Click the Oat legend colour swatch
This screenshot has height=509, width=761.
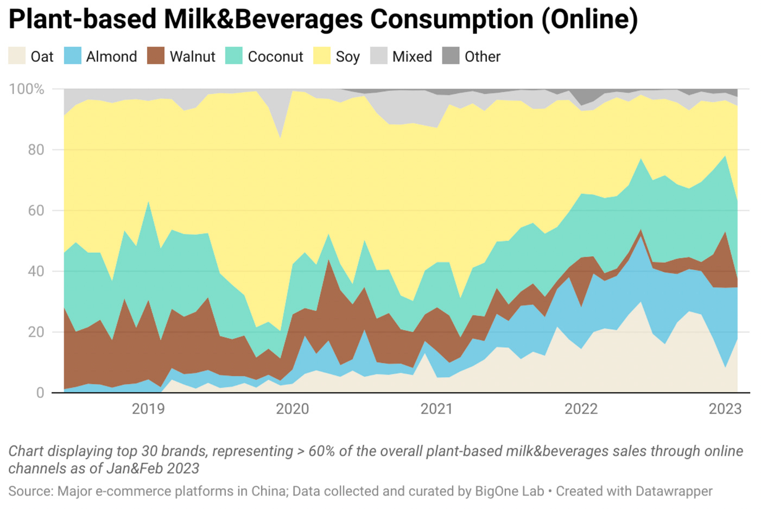[17, 56]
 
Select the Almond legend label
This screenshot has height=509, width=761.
[111, 56]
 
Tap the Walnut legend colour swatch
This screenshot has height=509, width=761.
[156, 56]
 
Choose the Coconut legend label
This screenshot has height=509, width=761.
[275, 56]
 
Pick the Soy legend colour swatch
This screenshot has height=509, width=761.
[322, 56]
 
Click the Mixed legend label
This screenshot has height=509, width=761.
[412, 56]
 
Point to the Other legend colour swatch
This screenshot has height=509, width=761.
[451, 56]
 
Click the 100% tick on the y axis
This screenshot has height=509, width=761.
[27, 89]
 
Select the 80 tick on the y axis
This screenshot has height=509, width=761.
[36, 150]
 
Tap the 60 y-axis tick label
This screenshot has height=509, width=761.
[36, 211]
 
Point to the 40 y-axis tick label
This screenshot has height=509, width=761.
[36, 271]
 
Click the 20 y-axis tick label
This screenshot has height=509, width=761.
[36, 332]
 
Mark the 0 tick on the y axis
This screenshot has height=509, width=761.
[40, 393]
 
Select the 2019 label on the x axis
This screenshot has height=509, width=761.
[148, 409]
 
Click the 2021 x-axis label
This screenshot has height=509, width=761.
[436, 409]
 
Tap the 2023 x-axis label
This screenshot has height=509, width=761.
[725, 409]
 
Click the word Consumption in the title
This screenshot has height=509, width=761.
[452, 20]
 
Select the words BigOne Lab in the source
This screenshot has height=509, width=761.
[509, 491]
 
